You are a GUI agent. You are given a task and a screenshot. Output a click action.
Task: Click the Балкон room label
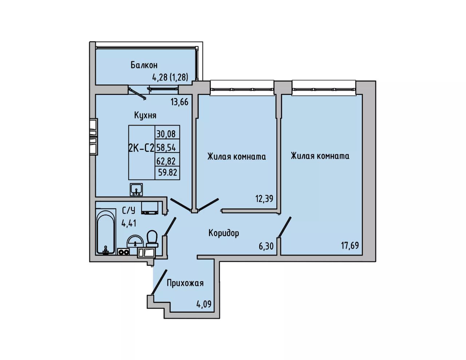(144, 65)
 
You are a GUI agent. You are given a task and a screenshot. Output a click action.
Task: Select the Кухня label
(145, 115)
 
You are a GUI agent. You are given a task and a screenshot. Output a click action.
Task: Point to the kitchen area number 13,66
(179, 102)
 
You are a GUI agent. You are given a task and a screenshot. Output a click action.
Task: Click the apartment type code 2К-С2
(141, 148)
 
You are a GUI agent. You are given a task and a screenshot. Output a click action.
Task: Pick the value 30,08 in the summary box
(166, 134)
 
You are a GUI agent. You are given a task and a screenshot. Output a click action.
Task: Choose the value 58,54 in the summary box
(166, 147)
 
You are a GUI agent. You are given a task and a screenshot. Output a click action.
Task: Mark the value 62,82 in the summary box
(166, 161)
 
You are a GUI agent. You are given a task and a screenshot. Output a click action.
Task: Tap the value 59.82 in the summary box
(168, 172)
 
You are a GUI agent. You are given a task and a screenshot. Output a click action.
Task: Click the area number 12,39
(264, 198)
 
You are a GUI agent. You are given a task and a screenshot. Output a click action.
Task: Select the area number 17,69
(350, 245)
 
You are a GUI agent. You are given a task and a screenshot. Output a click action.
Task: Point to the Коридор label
(224, 233)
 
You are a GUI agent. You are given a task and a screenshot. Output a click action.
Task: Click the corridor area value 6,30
(266, 246)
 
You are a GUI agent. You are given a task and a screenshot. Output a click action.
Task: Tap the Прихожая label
(185, 283)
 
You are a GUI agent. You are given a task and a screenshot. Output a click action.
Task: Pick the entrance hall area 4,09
(204, 304)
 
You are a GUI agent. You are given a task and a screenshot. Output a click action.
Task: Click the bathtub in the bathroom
(105, 233)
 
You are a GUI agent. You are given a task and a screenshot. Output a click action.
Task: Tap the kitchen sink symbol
(136, 190)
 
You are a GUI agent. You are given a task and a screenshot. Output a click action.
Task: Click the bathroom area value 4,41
(129, 223)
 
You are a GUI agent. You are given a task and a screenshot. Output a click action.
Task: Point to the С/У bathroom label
(129, 211)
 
